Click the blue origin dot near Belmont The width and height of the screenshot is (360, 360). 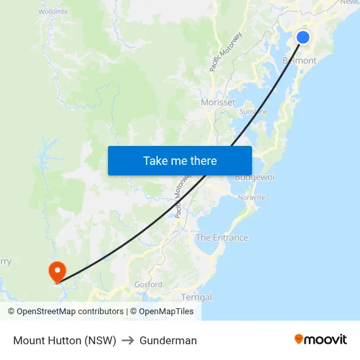(x=303, y=37)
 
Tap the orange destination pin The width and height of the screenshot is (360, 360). (x=57, y=271)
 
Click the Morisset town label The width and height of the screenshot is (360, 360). (x=218, y=103)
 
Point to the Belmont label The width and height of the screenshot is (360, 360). (x=299, y=61)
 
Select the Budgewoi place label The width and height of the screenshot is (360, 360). (x=255, y=178)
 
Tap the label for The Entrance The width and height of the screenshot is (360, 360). (x=222, y=238)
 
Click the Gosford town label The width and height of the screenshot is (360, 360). (x=148, y=285)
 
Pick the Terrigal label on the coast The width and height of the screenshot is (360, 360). (x=196, y=297)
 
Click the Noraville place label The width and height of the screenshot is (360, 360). (x=252, y=197)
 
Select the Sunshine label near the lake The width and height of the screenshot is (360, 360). (x=253, y=111)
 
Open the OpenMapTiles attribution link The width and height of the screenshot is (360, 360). (x=162, y=312)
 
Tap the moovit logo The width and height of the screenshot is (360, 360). (x=321, y=339)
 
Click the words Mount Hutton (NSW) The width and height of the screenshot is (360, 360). (x=65, y=340)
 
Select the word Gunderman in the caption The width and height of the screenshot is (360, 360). (x=168, y=340)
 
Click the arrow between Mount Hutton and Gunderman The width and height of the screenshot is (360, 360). (x=128, y=340)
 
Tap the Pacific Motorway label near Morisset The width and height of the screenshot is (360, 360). (x=226, y=52)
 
